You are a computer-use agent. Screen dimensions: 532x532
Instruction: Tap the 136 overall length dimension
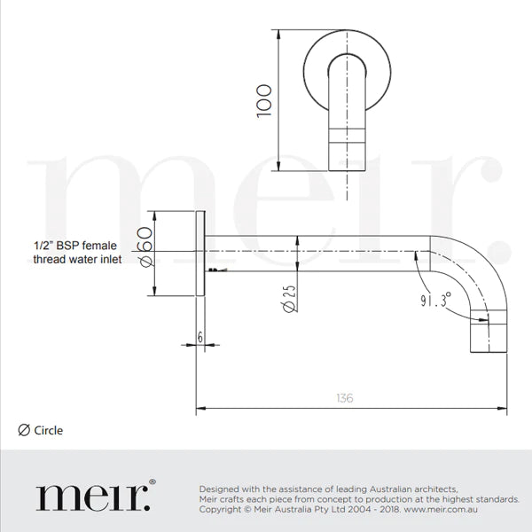pyautogui.click(x=345, y=397)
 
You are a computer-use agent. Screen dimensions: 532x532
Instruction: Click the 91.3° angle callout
pyautogui.click(x=435, y=299)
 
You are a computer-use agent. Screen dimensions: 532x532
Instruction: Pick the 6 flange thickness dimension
pyautogui.click(x=200, y=337)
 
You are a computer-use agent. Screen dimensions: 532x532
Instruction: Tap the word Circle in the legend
pyautogui.click(x=49, y=431)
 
